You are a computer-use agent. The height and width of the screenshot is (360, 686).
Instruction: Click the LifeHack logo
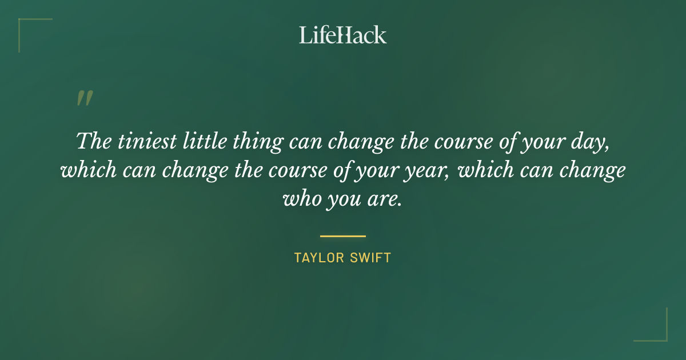(x=342, y=35)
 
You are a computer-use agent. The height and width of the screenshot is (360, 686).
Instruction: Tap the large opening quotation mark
(x=84, y=98)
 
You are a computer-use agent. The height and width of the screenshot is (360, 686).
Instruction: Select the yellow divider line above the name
(x=342, y=235)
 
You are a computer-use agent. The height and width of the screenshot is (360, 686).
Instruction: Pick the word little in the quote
(x=203, y=141)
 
